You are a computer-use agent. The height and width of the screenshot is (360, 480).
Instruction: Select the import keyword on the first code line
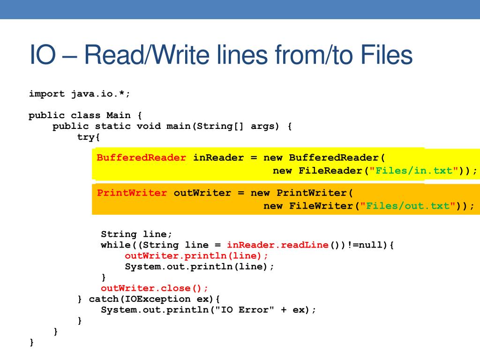(47, 94)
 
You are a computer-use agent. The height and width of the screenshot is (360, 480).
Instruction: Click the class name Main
(119, 115)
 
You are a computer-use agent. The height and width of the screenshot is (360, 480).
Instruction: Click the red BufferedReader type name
(142, 158)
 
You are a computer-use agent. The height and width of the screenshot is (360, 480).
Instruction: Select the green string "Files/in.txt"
(414, 171)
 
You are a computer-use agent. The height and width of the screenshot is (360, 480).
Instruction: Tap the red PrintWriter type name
(132, 193)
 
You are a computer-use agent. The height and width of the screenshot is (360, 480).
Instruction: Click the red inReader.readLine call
(277, 245)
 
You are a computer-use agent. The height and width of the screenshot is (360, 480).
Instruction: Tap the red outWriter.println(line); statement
(197, 256)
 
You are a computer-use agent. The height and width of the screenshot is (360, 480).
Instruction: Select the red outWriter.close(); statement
(155, 288)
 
